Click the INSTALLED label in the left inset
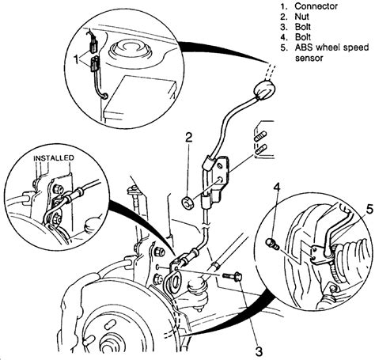click(x=54, y=158)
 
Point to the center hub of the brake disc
click(x=104, y=336)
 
